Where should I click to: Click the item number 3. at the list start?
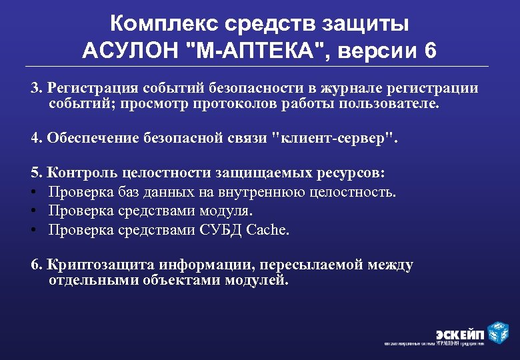(37, 89)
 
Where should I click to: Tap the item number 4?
(37, 138)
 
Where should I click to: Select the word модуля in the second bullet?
(229, 211)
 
